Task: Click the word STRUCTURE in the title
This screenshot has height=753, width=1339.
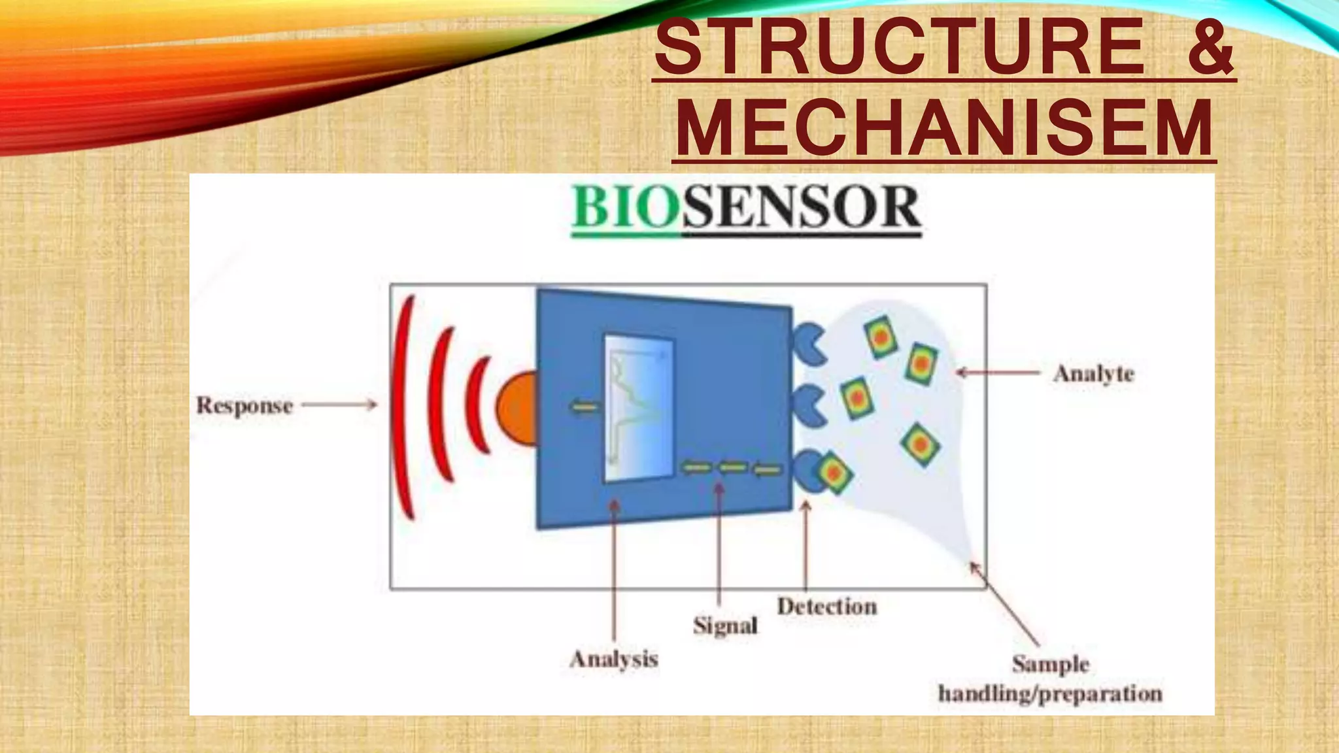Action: click(899, 48)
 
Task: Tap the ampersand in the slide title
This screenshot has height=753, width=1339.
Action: click(1210, 48)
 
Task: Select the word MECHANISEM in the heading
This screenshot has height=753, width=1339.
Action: click(944, 127)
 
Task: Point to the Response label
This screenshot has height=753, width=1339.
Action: click(245, 405)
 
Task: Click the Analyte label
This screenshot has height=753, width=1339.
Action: click(1094, 374)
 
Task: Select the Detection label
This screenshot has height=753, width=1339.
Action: click(827, 607)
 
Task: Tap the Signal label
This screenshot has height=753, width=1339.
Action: click(725, 626)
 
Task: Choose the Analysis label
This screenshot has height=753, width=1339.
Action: click(614, 659)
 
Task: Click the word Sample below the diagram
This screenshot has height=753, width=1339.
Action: click(1051, 664)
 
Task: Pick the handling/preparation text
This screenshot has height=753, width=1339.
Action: click(1050, 694)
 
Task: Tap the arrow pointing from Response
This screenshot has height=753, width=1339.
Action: click(339, 405)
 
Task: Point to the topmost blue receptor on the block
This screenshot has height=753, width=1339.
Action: click(809, 344)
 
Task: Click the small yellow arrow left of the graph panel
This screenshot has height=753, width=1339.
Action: click(585, 408)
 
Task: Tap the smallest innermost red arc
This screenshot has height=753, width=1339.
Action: click(477, 405)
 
